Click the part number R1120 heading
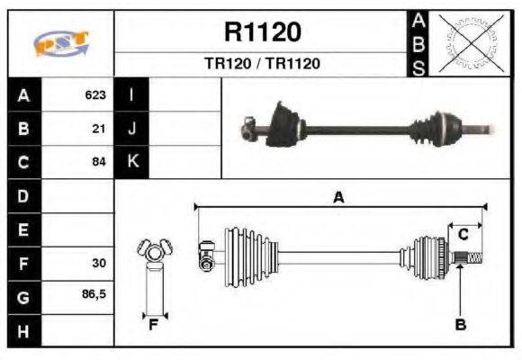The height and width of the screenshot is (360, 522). [x=262, y=32]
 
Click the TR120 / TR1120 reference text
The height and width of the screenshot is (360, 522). [x=262, y=64]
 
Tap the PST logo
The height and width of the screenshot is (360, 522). [x=60, y=43]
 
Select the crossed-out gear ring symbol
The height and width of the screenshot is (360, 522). [x=467, y=42]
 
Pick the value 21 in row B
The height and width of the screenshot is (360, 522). [x=99, y=129]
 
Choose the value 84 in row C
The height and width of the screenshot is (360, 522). [x=99, y=163]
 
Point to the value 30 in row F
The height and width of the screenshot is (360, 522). [x=99, y=264]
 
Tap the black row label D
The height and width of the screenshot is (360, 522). [x=23, y=196]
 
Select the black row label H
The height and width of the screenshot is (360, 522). [x=23, y=331]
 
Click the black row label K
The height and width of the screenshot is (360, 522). [x=131, y=163]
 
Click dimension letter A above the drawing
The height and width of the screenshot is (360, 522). [x=338, y=198]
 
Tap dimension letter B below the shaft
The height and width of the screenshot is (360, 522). [x=461, y=325]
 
